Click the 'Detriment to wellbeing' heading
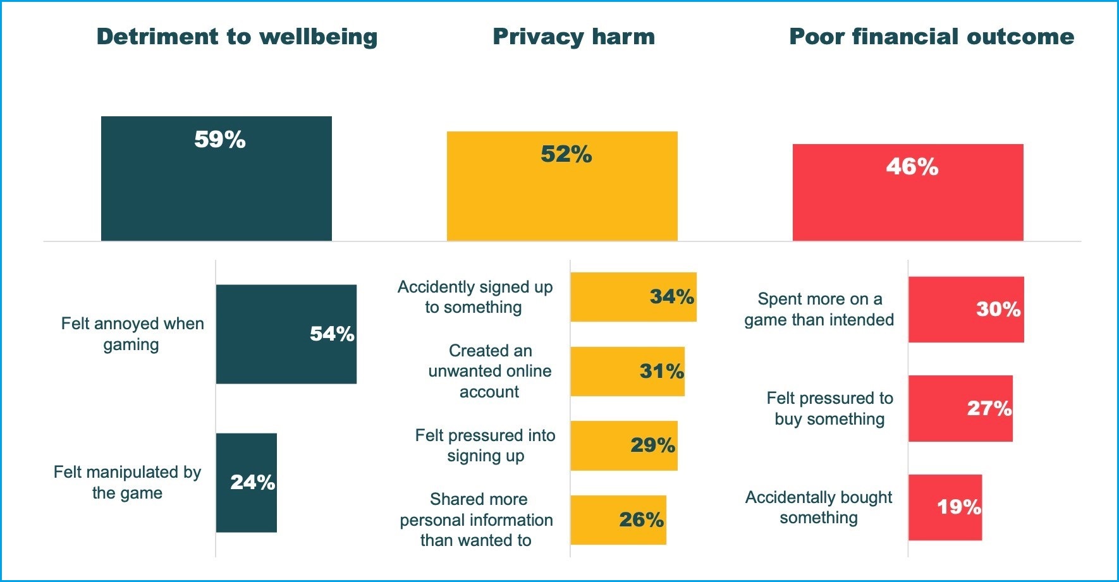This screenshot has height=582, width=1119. [x=237, y=37]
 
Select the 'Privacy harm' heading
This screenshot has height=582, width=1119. [x=573, y=37]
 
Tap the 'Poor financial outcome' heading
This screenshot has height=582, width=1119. [x=931, y=37]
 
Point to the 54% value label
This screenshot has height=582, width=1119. [x=332, y=334]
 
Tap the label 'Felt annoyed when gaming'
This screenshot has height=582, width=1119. [x=132, y=334]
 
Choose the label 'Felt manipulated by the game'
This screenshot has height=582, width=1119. [x=127, y=482]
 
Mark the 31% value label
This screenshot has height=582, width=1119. [x=661, y=371]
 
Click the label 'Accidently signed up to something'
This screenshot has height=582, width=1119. [x=475, y=297]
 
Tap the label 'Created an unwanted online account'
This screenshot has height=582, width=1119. [x=490, y=371]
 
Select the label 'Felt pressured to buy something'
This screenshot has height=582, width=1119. [x=829, y=408]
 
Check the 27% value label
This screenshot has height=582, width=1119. [x=989, y=408]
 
